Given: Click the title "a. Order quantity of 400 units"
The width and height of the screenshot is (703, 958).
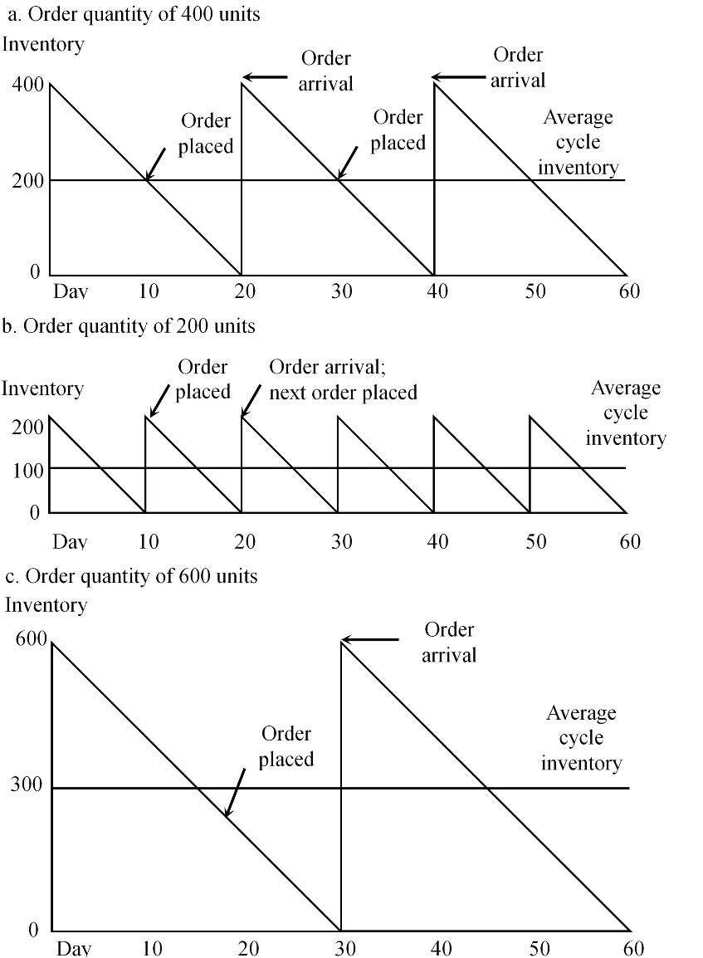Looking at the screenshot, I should tap(134, 16).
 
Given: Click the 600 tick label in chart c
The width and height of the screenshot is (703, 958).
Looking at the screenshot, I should tap(27, 640).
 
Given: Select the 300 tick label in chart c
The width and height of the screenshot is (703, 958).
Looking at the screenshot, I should tap(27, 786).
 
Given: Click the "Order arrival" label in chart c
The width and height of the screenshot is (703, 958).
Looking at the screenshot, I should tap(449, 643).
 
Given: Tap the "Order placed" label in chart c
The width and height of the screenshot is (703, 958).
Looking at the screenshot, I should tap(286, 746).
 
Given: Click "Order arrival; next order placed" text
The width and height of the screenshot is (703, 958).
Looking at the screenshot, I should tap(343, 380).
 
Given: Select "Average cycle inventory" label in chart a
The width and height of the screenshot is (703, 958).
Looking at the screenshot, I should tap(578, 143).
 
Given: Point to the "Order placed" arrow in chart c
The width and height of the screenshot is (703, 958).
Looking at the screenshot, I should tap(235, 792).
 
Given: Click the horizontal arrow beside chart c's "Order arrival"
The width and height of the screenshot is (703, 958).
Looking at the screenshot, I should tap(370, 639).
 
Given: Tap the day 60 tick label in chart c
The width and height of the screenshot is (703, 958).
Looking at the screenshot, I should tap(632, 948).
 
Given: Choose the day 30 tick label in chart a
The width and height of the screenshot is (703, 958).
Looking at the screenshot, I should tap(341, 291).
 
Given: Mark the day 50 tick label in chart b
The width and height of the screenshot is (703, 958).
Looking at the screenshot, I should tap(535, 542).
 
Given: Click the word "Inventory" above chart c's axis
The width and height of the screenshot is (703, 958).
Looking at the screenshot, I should tap(46, 605).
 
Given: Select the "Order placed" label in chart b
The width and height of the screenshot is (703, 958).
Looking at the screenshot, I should tap(203, 379).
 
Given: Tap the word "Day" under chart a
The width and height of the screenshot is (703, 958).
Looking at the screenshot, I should tap(71, 291).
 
